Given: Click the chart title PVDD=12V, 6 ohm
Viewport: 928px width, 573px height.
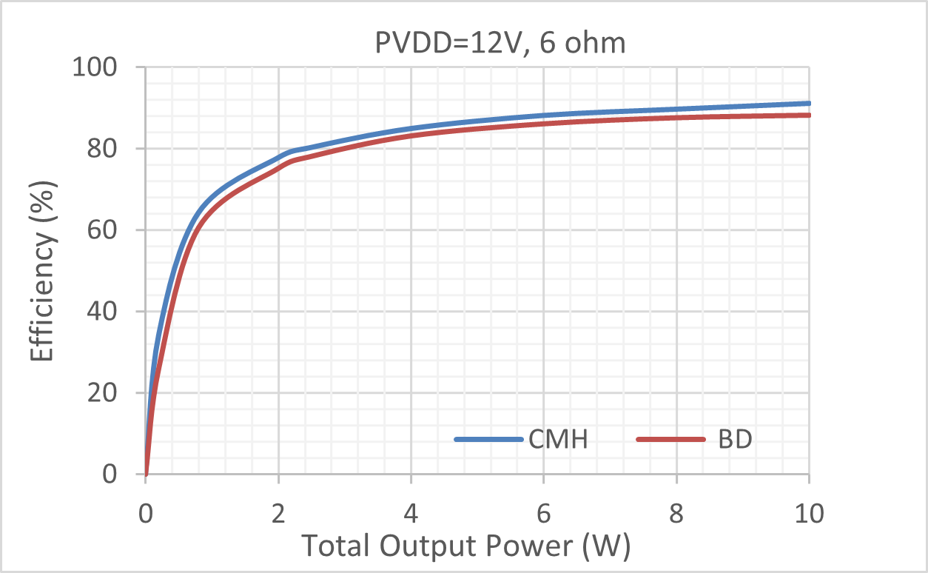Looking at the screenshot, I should click(x=500, y=44).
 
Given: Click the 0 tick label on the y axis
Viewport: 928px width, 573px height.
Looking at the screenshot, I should click(x=123, y=474).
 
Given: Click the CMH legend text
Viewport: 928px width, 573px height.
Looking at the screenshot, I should click(x=558, y=440).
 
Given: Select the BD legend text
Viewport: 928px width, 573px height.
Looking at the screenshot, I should click(x=735, y=440).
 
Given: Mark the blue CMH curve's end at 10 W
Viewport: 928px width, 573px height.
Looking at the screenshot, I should click(x=808, y=104).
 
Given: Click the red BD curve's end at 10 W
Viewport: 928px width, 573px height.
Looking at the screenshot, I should click(x=808, y=115).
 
